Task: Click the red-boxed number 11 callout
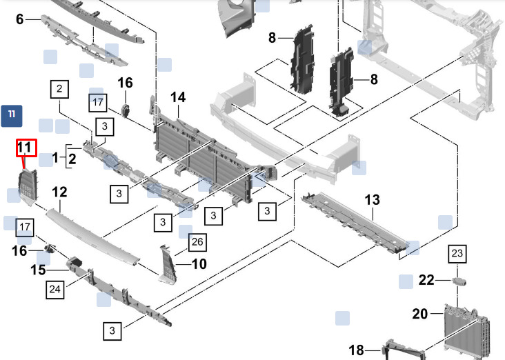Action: (25, 147)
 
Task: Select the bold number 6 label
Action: (19, 19)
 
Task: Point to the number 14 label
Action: (178, 98)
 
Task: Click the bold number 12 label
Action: (59, 192)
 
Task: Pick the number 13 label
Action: (372, 200)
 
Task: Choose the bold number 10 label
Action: (199, 263)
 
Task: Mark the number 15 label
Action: (38, 270)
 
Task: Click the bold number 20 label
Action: (420, 314)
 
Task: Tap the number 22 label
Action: (426, 280)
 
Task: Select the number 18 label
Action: (356, 350)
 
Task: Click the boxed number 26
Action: (197, 241)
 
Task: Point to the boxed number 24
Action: (55, 290)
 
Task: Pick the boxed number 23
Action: (457, 254)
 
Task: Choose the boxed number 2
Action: (60, 88)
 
